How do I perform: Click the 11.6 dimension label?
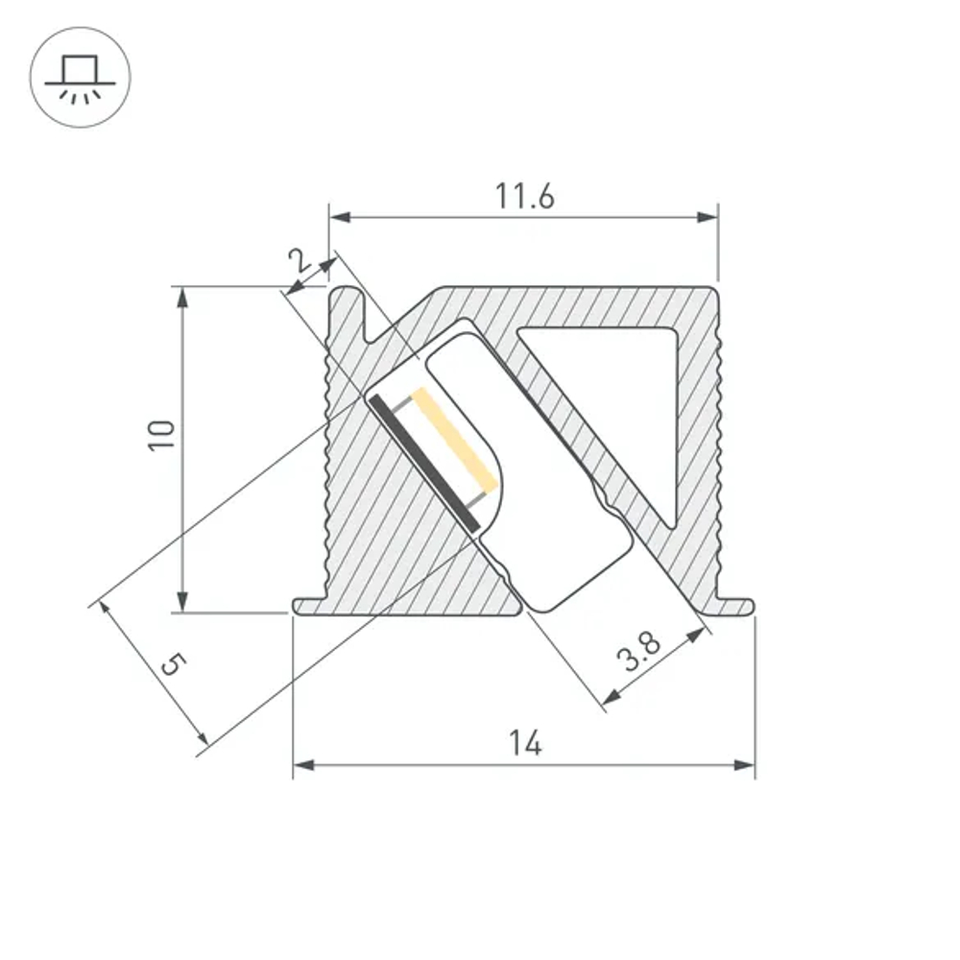524,196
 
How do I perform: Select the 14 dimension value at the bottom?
525,743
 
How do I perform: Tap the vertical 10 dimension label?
162,436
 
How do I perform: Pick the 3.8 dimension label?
638,658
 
